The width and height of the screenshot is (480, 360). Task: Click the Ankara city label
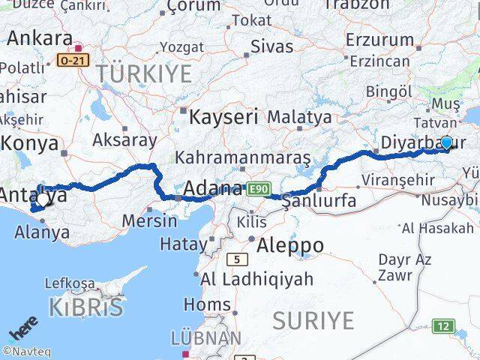click(x=40, y=38)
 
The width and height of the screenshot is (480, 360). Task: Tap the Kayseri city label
click(x=223, y=117)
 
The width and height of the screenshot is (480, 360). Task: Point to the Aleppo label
click(x=290, y=245)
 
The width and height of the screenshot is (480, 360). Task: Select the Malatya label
click(x=299, y=117)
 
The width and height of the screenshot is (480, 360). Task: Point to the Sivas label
click(x=271, y=46)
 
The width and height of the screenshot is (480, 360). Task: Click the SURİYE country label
click(x=313, y=320)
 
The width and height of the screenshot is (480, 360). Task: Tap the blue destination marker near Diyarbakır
click(x=447, y=142)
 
